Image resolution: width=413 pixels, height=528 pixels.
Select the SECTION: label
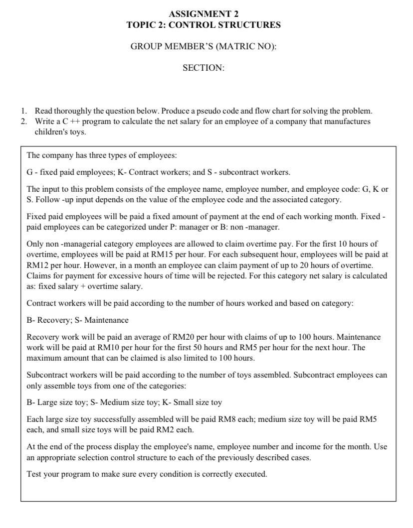[x=204, y=68]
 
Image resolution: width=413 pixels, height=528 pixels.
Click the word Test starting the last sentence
[x=34, y=474]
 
